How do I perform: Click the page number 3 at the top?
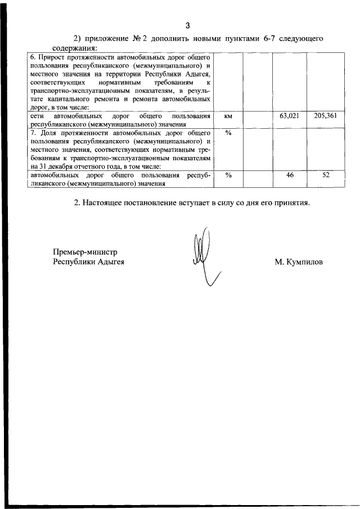click(188, 25)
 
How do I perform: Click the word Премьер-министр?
click(85, 252)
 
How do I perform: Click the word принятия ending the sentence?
click(289, 202)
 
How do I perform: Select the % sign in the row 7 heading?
click(228, 133)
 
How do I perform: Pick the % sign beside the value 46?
click(228, 175)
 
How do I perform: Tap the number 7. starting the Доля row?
click(33, 133)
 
